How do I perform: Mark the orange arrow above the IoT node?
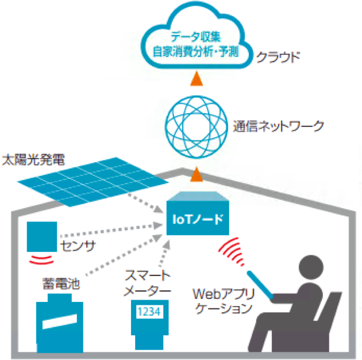[197, 172]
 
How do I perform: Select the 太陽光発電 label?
[34, 158]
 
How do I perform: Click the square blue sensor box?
[41, 236]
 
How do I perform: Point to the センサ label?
[78, 247]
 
